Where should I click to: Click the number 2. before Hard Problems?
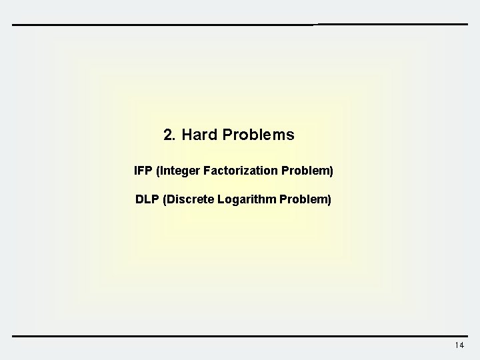point(169,135)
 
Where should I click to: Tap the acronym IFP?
point(143,171)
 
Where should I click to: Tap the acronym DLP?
point(147,199)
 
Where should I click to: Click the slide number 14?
point(459,345)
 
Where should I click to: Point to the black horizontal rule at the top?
point(240,25)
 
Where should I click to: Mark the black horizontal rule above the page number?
point(240,335)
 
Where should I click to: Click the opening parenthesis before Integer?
point(157,171)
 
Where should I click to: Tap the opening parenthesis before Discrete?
point(164,199)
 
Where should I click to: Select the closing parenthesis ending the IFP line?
point(331,171)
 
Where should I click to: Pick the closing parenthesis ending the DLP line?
point(329,199)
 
